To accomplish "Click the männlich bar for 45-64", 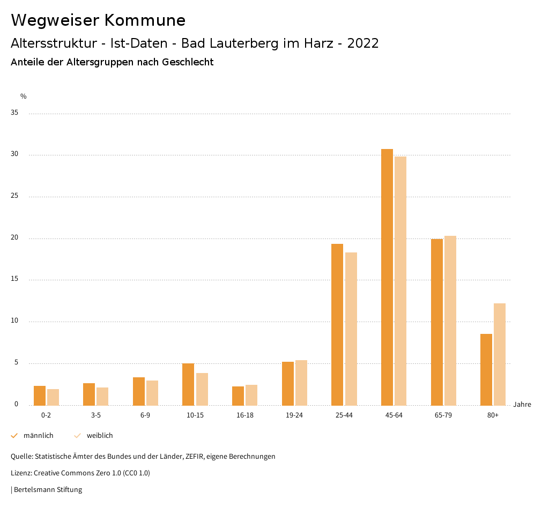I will [387, 277].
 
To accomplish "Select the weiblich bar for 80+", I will [500, 354].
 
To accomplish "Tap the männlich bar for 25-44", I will [337, 324].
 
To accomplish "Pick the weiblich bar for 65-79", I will [450, 320].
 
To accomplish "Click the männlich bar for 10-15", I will [188, 384].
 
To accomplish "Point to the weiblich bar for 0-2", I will [53, 397].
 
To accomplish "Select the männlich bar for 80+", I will [486, 369].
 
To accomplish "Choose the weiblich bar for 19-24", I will [301, 383].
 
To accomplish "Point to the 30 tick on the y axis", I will [15, 154].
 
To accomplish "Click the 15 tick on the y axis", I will [15, 279].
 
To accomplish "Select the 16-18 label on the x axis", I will [245, 415].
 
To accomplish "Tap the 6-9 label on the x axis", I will [145, 415].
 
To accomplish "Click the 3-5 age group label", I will [96, 415].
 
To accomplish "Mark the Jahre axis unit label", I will [522, 405].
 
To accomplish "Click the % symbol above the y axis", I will [24, 96].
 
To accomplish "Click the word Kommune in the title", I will [145, 20].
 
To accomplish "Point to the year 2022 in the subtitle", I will [363, 43].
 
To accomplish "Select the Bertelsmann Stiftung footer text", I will [48, 490].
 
